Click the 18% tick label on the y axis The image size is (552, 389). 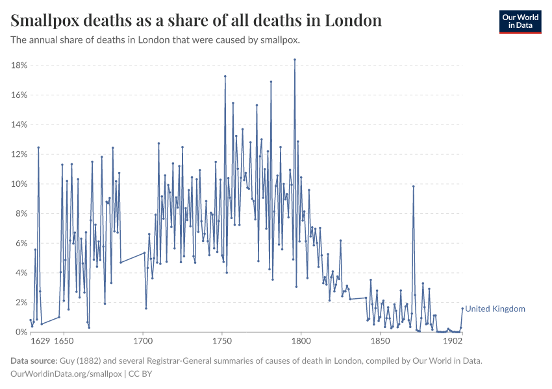[18, 65]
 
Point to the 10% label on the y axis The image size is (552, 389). [18, 184]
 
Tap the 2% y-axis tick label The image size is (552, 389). [20, 303]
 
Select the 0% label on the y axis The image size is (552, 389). [20, 332]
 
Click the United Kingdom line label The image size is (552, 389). [495, 309]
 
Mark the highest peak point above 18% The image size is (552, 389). [295, 60]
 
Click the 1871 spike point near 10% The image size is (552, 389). [413, 187]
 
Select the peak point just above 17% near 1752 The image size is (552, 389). [225, 77]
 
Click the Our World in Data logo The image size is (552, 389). [520, 21]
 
